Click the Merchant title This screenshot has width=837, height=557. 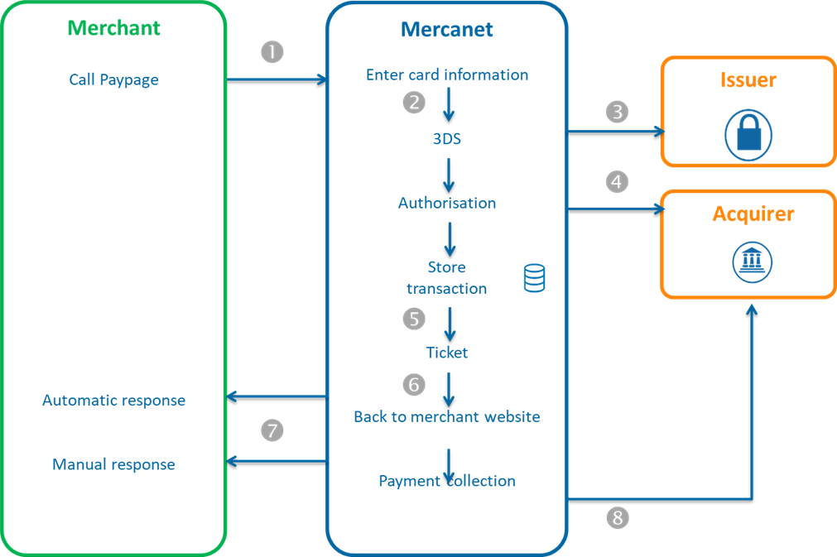coord(114,28)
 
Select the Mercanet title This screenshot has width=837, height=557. coord(447,30)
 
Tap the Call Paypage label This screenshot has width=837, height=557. coord(114,80)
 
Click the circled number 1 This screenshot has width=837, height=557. coord(272,52)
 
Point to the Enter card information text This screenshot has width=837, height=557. coord(447,75)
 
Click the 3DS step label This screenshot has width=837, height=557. coord(447,139)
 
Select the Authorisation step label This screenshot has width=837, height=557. coord(447,203)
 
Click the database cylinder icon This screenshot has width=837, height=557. coord(534,278)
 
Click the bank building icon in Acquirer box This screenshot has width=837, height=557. coord(752,262)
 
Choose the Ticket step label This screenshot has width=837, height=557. coord(447,353)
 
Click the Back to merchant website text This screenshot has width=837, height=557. coord(447,417)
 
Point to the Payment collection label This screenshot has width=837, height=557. coord(447,481)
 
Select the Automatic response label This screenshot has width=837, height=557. coord(114,401)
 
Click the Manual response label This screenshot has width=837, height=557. coord(114,464)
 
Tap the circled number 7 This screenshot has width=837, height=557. coord(272,430)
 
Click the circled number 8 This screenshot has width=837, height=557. coord(617,518)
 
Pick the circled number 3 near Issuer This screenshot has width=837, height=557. coord(617,112)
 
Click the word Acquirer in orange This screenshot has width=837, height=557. coord(753,214)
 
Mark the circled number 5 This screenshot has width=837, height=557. coord(414,319)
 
